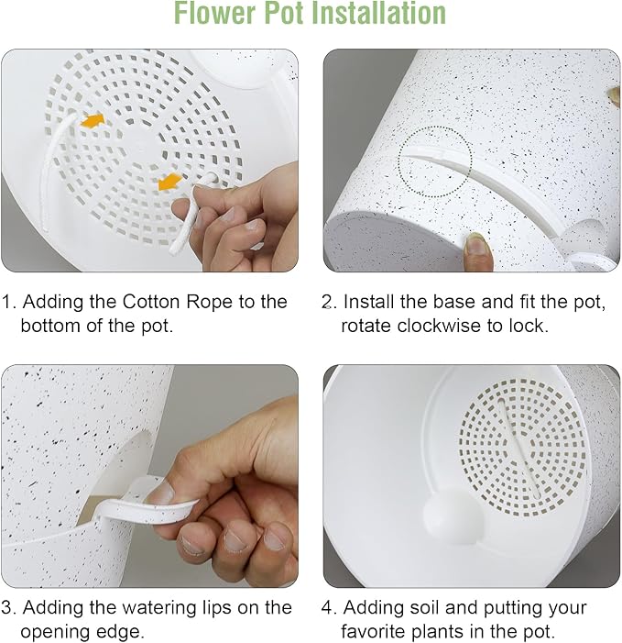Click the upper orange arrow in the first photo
click(x=92, y=120)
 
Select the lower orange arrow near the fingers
click(x=169, y=182)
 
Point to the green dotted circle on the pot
click(x=434, y=161)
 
